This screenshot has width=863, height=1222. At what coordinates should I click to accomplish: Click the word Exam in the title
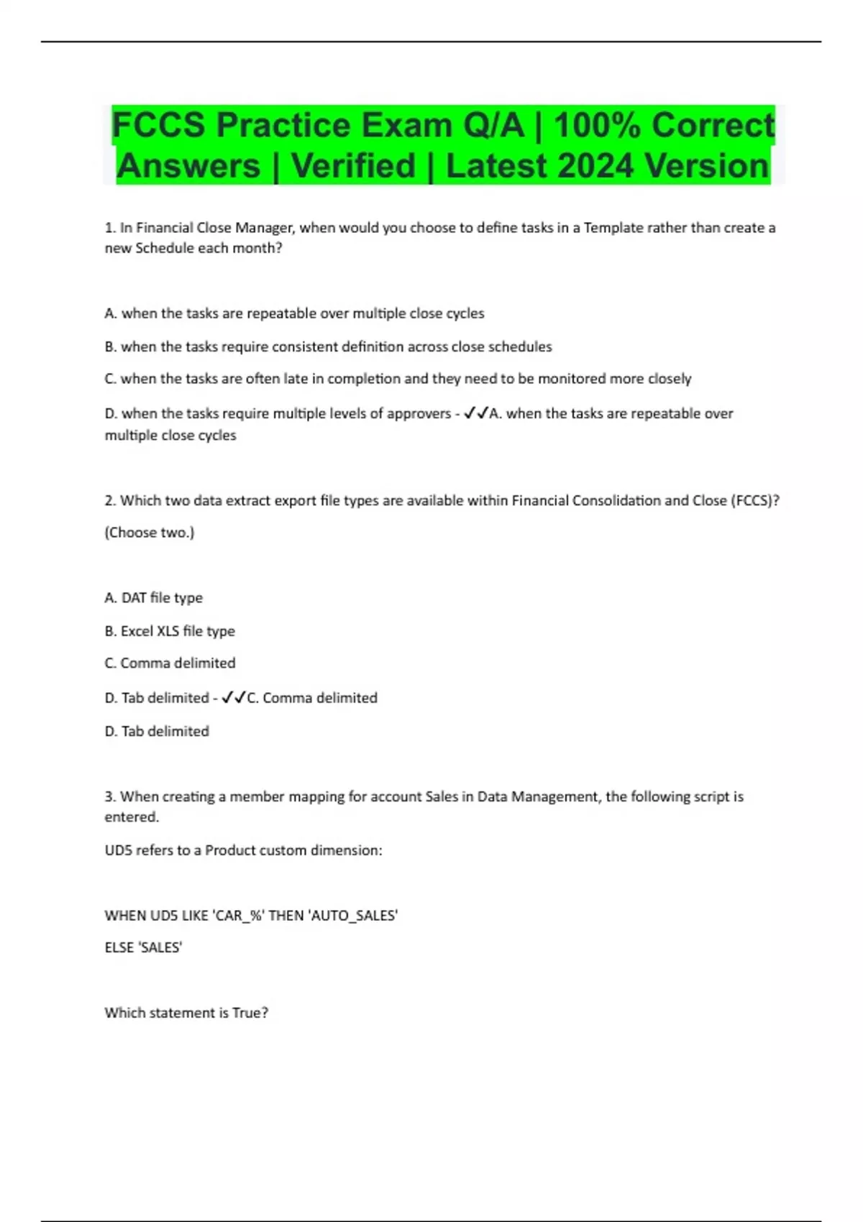tap(406, 125)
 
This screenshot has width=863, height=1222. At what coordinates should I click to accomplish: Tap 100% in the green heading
tap(596, 125)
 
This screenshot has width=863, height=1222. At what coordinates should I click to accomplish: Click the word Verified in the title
tap(353, 166)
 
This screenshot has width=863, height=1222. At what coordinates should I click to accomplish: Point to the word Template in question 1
tap(613, 228)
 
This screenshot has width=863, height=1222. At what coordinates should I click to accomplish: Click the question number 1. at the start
tap(110, 228)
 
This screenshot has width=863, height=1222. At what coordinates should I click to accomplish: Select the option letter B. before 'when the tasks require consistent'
tap(111, 346)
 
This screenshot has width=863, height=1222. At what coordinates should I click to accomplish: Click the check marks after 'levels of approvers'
tap(476, 413)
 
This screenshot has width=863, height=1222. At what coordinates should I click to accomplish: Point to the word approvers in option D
tap(419, 414)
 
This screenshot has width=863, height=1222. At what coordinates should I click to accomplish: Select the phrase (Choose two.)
tap(150, 533)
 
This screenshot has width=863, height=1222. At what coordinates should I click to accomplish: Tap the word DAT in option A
tap(134, 598)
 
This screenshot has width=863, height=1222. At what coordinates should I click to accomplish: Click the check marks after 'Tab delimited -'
tap(233, 698)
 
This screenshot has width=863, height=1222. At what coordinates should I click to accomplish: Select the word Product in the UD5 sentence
tap(230, 850)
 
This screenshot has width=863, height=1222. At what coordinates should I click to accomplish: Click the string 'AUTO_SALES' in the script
tap(352, 916)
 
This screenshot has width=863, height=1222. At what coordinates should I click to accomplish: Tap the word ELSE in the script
tap(119, 948)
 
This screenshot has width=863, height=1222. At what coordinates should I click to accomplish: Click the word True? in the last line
tap(250, 1013)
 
